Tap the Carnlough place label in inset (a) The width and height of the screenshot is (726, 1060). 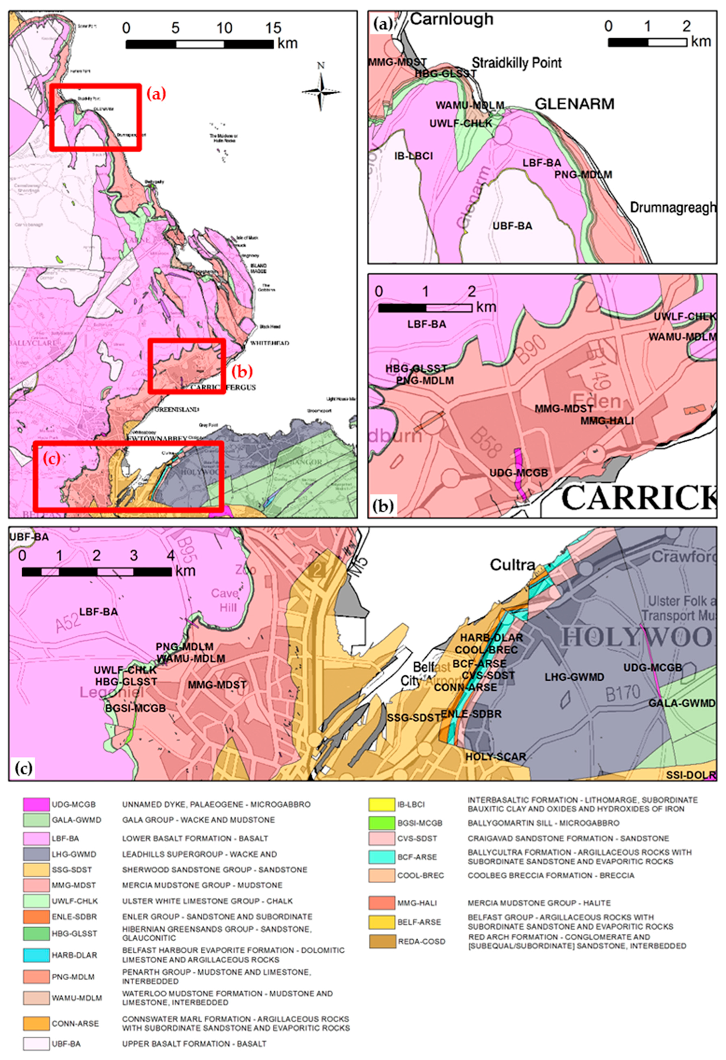pos(451,19)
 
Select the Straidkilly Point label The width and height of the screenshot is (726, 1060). pos(516,63)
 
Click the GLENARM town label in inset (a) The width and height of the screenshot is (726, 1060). pos(574,104)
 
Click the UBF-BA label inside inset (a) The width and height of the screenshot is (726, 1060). pos(512,226)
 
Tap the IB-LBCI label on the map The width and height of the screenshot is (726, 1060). pos(413,156)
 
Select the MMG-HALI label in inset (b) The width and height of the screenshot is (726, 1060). pos(607,421)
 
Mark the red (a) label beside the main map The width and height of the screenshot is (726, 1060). pos(156,94)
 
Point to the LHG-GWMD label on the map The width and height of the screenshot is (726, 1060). pos(574,677)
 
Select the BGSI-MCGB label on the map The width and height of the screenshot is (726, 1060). pos(135,708)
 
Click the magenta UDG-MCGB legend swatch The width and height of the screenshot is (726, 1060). pos(36,804)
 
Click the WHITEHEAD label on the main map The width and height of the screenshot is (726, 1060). pos(269,343)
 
